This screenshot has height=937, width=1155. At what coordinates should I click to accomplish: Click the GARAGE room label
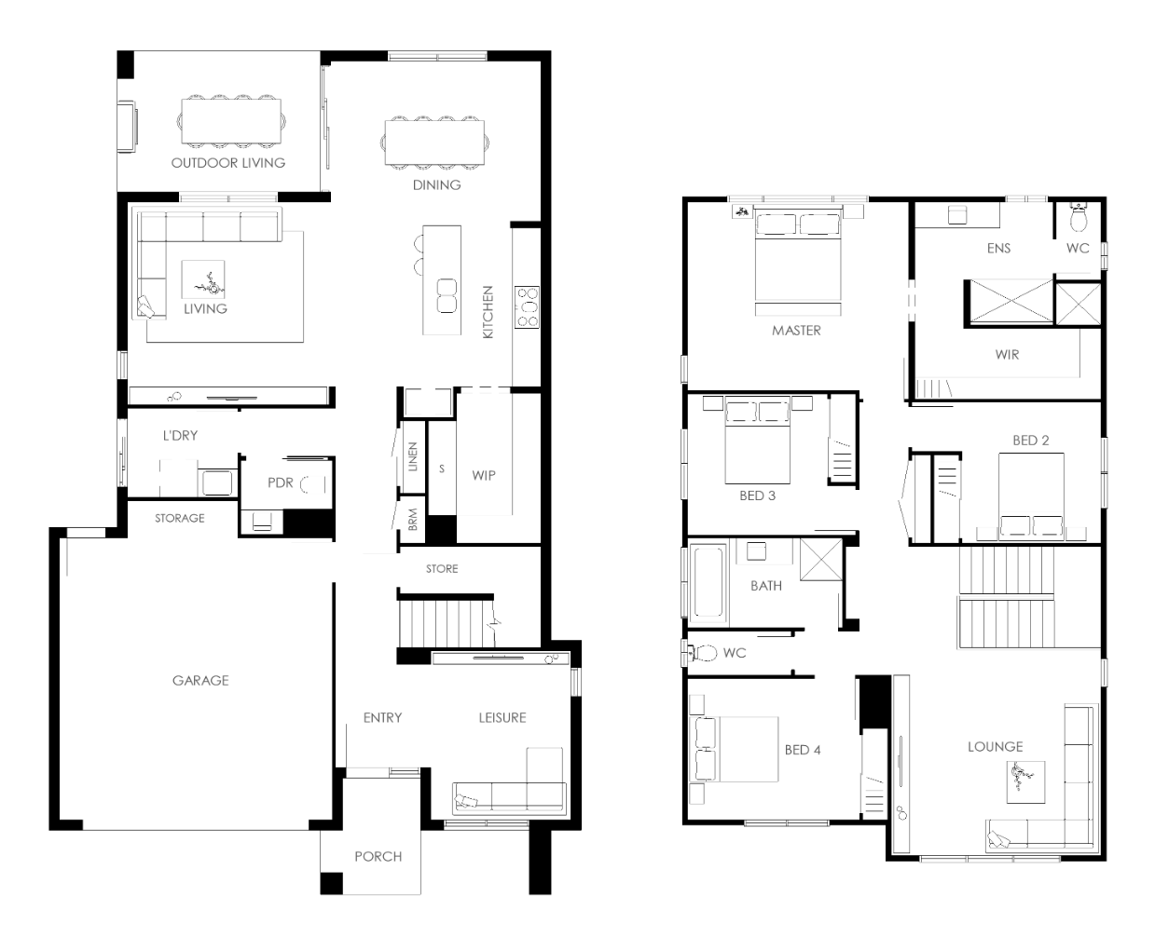[x=200, y=680]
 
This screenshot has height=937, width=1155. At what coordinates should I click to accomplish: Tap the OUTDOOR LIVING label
[x=227, y=162]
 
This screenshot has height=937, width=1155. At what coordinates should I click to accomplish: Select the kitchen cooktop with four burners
[x=527, y=307]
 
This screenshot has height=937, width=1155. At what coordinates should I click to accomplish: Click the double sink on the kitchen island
[x=447, y=295]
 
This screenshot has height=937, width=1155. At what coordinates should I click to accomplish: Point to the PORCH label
[x=378, y=856]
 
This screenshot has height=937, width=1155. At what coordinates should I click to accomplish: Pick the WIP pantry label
[x=484, y=475]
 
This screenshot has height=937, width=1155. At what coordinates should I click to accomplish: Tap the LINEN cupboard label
[x=413, y=456]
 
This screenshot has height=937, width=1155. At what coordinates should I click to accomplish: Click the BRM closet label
[x=413, y=520]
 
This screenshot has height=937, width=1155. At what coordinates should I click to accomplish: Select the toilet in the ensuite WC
[x=1078, y=218]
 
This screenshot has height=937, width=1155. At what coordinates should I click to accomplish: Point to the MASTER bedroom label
[x=796, y=331]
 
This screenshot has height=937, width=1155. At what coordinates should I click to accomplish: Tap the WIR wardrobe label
[x=1007, y=355]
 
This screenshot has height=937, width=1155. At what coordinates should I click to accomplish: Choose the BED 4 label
[x=803, y=750]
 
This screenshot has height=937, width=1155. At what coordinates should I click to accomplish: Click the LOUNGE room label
[x=995, y=746]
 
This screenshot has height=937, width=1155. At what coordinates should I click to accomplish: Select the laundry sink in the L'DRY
[x=217, y=482]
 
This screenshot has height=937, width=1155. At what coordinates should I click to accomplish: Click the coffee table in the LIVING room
[x=203, y=278]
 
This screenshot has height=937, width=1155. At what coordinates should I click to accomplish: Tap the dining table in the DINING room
[x=434, y=142]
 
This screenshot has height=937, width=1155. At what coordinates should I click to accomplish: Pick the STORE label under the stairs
[x=441, y=569]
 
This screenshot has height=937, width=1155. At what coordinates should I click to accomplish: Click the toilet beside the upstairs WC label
[x=703, y=653]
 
